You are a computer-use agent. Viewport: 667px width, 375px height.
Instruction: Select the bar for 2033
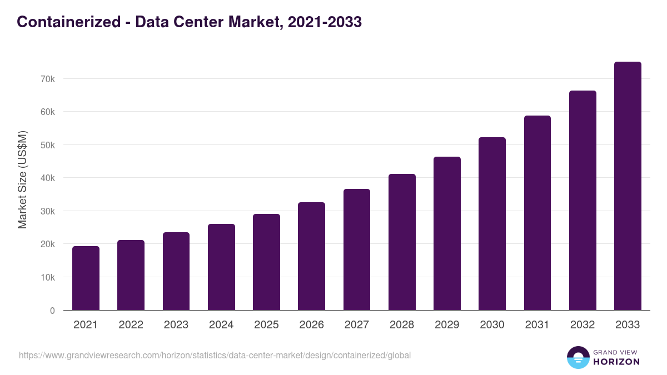tap(628, 186)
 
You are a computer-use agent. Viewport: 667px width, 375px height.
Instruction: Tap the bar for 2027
tap(357, 249)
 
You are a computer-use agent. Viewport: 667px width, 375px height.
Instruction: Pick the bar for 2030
tap(492, 223)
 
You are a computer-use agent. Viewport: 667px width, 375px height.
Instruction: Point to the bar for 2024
tap(221, 267)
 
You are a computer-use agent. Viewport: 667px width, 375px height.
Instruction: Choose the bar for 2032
tap(583, 200)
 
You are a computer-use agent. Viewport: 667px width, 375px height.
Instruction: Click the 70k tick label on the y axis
tap(48, 79)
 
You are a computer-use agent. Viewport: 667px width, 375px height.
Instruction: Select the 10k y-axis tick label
tap(48, 277)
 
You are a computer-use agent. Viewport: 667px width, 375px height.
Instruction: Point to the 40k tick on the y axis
tap(48, 178)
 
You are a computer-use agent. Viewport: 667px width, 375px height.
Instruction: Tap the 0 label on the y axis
tap(52, 311)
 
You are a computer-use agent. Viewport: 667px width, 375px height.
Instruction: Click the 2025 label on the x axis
tap(266, 325)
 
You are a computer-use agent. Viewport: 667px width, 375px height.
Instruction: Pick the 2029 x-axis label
tap(447, 325)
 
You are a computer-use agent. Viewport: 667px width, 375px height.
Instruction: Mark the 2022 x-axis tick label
tap(131, 325)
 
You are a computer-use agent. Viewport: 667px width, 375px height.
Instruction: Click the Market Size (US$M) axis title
tap(22, 179)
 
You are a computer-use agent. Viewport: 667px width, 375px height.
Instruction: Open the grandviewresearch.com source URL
tap(215, 355)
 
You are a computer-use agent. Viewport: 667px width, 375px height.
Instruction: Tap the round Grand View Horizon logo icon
tap(578, 357)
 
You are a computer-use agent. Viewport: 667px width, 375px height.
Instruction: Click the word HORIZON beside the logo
tap(616, 362)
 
